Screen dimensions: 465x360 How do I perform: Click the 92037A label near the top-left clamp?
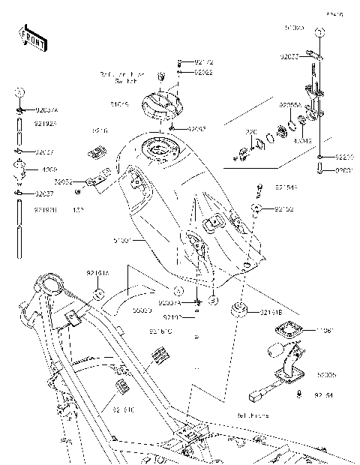45,110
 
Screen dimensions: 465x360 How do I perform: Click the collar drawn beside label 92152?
256,206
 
